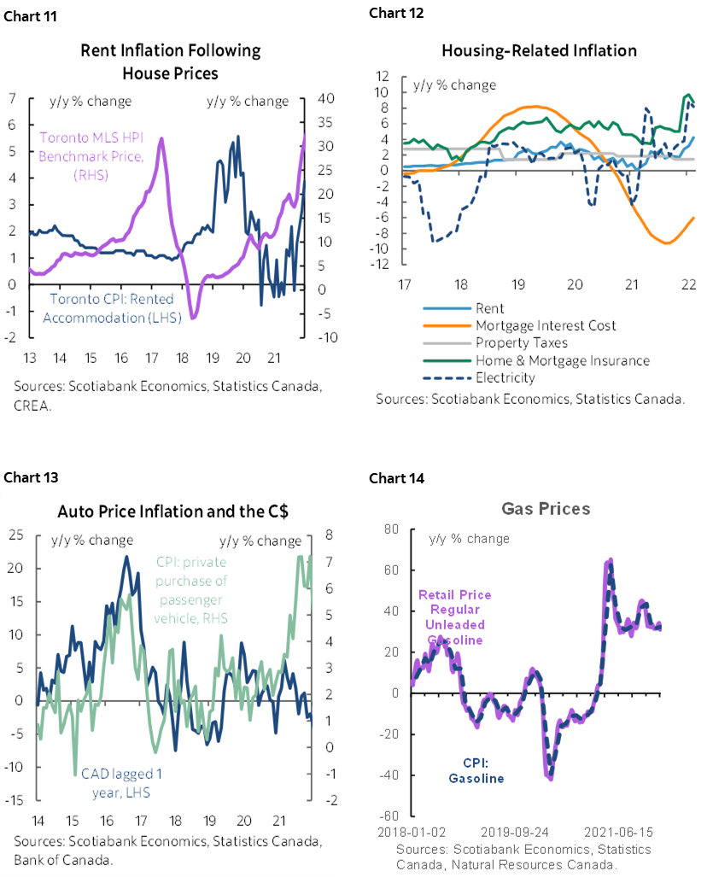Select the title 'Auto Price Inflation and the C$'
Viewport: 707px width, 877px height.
coord(172,512)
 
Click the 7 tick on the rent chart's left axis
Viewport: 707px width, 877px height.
coord(11,98)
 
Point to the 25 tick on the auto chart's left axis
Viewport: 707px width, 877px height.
coord(16,535)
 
